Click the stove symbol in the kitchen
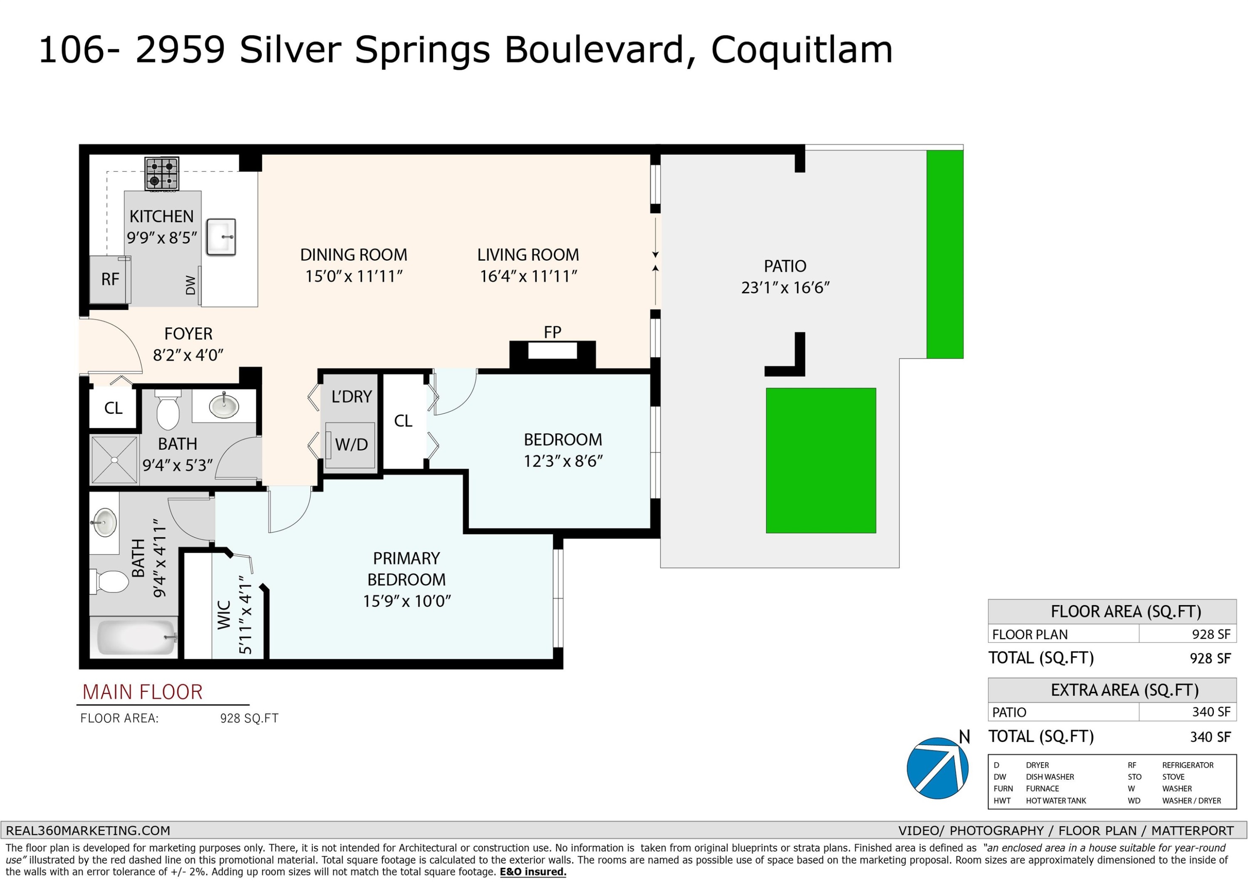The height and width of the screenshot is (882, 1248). (x=161, y=173)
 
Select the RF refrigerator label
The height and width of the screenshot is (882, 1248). (x=110, y=279)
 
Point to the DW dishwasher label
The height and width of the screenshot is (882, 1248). (x=190, y=285)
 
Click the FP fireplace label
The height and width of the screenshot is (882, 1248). (x=552, y=331)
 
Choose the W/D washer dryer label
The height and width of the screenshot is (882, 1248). (x=351, y=445)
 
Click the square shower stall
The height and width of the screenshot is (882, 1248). (x=114, y=460)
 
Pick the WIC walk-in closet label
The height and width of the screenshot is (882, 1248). (x=224, y=615)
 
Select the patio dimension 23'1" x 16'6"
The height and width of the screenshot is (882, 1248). (x=785, y=287)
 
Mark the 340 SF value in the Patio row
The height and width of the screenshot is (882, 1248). (x=1210, y=712)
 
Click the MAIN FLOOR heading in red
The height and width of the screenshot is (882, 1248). (x=142, y=692)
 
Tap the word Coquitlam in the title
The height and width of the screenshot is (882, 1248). (x=802, y=50)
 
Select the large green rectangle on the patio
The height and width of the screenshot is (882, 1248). (x=821, y=460)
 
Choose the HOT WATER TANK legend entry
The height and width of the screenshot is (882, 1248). (x=1055, y=800)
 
